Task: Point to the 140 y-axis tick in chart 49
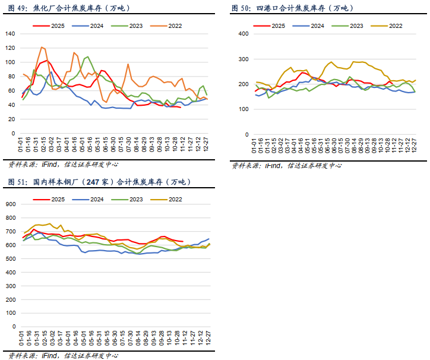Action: (x=10, y=33)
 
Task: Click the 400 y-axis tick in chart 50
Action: (x=242, y=34)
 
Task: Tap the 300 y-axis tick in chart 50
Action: (x=242, y=59)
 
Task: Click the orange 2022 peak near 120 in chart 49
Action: (x=42, y=48)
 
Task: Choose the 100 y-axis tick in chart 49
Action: (x=10, y=62)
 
